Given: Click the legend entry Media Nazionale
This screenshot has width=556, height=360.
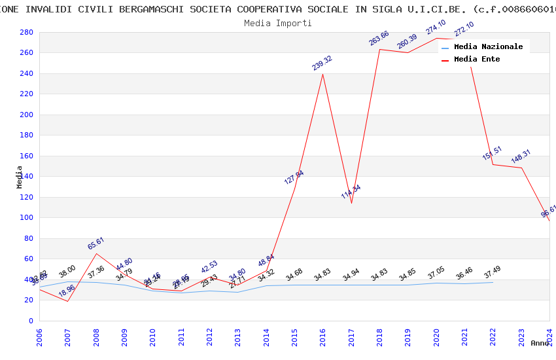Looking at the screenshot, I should tap(488, 47).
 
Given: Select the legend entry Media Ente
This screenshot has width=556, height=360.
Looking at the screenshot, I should tap(477, 60).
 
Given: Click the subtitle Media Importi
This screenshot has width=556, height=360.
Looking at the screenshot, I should tap(278, 24).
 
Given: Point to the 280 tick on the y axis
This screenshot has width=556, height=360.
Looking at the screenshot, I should tap(27, 32).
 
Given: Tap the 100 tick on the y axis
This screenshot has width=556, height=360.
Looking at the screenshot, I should tap(27, 218).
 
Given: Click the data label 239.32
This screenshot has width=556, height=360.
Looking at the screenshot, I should tap(322, 63).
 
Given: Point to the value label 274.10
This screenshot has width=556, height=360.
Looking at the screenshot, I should tap(436, 27).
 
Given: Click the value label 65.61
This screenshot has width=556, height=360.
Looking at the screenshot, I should tap(96, 243).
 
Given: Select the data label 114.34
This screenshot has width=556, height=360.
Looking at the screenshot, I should tap(351, 192).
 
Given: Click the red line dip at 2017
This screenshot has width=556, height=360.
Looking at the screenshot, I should tap(351, 203).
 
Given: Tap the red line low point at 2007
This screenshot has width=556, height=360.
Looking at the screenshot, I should tap(68, 301).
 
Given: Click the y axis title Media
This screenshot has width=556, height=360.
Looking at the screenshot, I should tap(20, 177).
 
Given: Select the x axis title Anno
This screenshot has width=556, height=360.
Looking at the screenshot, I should tap(540, 343).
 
